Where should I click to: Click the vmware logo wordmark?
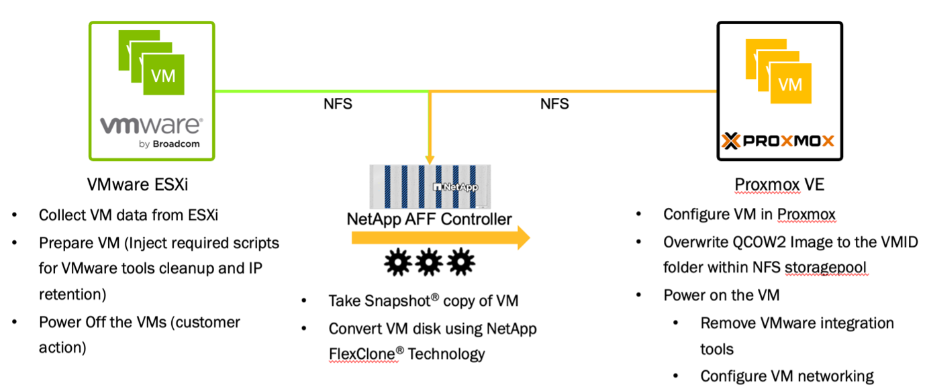tap(152, 125)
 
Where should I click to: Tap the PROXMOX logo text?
tap(788, 142)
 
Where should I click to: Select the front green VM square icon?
tap(163, 74)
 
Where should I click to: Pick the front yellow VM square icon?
tap(791, 83)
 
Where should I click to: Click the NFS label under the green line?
tap(338, 103)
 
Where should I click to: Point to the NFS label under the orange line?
tap(554, 103)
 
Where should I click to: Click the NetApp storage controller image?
tap(430, 187)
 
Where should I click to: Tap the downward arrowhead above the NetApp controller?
tap(430, 160)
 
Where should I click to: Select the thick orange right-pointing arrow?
tap(441, 237)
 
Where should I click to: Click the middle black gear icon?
tap(429, 262)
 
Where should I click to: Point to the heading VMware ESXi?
tap(138, 184)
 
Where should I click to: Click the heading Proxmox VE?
tap(779, 184)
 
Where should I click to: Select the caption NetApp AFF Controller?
tap(429, 219)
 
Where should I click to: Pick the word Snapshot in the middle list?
tap(379, 301)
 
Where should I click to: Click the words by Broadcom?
tap(169, 144)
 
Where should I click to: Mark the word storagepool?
tap(826, 268)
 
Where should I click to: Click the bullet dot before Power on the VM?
tap(639, 295)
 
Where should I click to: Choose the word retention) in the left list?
tap(72, 294)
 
